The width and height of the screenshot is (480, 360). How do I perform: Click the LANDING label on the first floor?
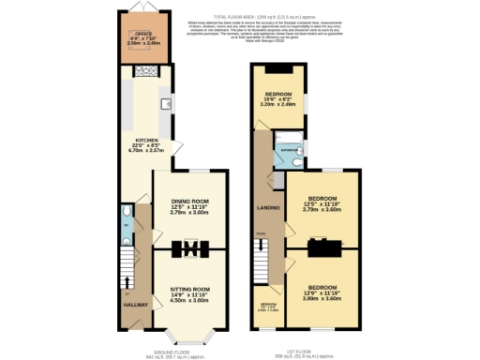coord(269,207)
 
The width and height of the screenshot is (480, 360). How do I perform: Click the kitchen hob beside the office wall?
coord(146,70)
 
